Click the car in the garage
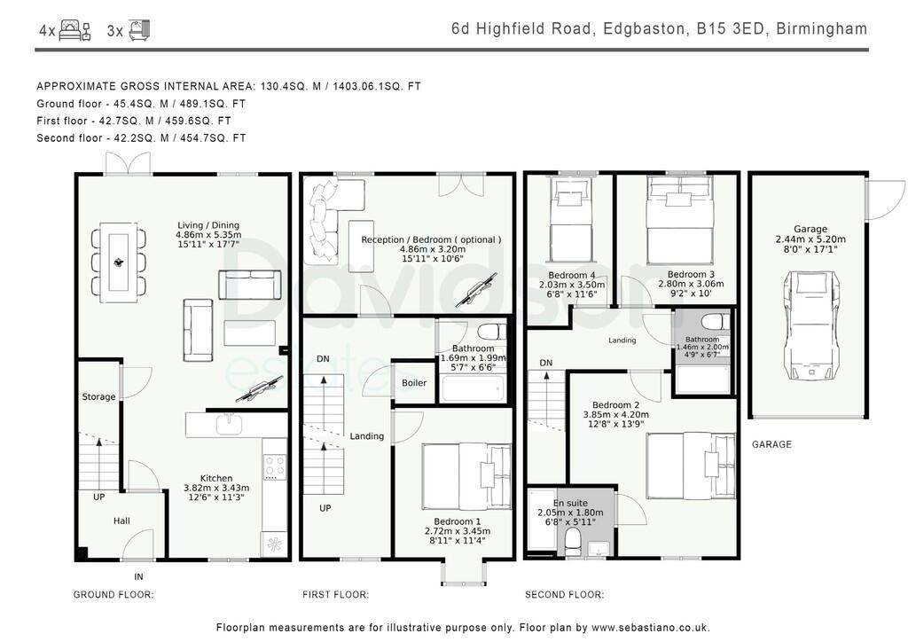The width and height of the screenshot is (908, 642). pos(810,327)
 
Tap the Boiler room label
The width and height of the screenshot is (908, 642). pos(414,383)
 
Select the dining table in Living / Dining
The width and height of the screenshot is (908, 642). pos(118,262)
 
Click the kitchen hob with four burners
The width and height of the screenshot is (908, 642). pos(275,466)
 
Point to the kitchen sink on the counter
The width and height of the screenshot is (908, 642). pos(230,425)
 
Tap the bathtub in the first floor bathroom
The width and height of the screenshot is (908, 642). pos(473,389)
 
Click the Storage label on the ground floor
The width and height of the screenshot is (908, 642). pos(98,396)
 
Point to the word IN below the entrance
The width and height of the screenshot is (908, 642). pos(138,576)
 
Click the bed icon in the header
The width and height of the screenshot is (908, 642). pos(74,29)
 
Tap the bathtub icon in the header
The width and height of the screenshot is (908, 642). pos(139,29)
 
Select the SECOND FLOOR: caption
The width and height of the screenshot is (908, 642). pos(564,594)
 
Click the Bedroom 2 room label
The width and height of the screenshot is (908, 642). pos(615,405)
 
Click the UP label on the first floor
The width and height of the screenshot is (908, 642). pos(325,508)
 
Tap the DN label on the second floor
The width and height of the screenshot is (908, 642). pos(545,363)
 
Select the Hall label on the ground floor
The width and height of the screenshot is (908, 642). pos(121,521)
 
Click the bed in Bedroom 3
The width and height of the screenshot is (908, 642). pos(680,220)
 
